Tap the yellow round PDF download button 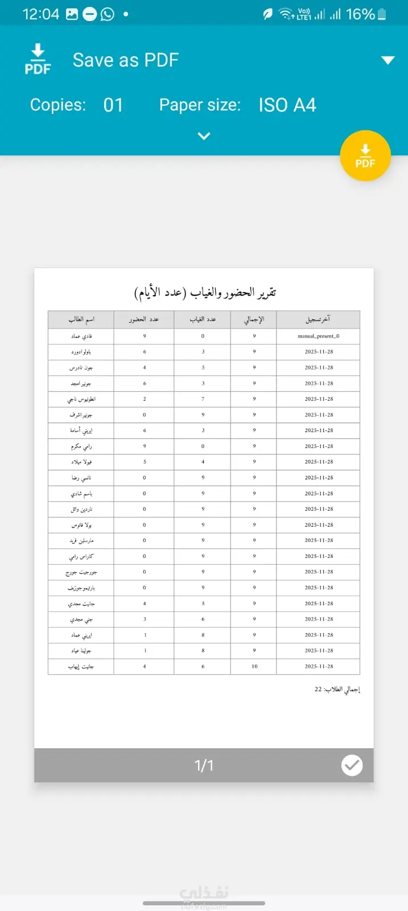click(365, 155)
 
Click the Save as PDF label click(126, 60)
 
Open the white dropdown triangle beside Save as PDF click(388, 60)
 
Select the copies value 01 click(113, 105)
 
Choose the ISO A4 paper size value click(287, 105)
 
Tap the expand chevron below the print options click(204, 136)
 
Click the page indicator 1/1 click(204, 765)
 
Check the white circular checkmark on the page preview click(352, 765)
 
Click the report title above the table click(205, 292)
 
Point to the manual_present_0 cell click(318, 336)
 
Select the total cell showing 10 click(254, 666)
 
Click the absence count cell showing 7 click(203, 399)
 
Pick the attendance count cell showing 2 click(145, 399)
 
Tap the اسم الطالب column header click(81, 319)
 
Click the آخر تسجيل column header click(318, 319)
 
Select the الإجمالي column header click(254, 319)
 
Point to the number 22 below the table click(318, 689)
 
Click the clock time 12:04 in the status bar click(40, 14)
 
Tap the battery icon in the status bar click(382, 14)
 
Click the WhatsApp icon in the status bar click(108, 14)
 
